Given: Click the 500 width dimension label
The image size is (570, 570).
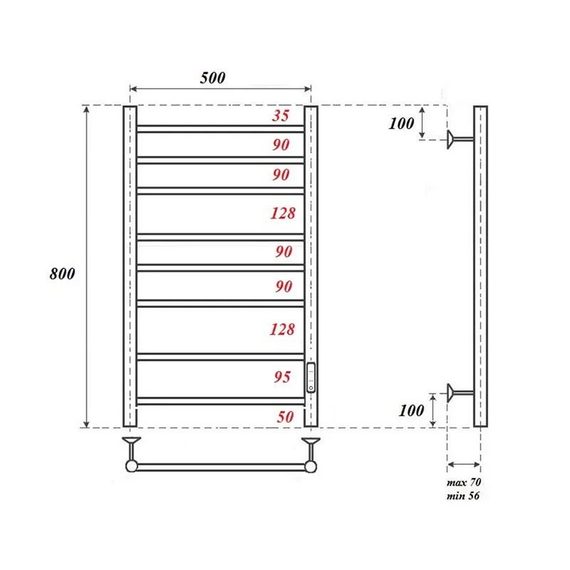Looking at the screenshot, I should (x=212, y=78).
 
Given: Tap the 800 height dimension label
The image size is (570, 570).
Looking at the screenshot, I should (x=62, y=273).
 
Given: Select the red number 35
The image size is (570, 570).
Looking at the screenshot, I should (x=281, y=116).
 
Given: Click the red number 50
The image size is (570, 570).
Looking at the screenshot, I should (x=284, y=417).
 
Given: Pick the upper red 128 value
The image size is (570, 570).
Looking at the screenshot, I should (x=282, y=212).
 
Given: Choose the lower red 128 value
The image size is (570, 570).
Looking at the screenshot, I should (x=282, y=329).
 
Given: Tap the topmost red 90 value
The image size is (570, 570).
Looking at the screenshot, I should (x=281, y=145).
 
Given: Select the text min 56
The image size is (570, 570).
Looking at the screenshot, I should (x=463, y=496).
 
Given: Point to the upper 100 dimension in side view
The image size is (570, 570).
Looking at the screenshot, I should (x=401, y=123).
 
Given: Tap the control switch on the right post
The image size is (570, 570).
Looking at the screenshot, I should (x=311, y=378).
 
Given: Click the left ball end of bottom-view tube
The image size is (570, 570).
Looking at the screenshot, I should (x=132, y=466).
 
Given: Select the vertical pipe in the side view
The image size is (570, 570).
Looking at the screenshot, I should (x=481, y=266).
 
